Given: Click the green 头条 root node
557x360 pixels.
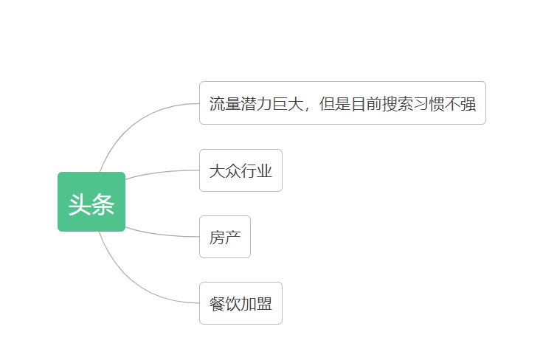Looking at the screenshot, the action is (91, 201).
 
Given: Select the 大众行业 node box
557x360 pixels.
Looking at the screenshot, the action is (241, 170).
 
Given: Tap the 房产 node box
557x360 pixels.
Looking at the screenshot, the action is (225, 237).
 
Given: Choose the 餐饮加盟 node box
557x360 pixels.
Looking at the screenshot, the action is (241, 303).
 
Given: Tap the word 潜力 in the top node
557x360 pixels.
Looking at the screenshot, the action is (256, 104).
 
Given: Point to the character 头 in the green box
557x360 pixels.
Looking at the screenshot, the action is (80, 204).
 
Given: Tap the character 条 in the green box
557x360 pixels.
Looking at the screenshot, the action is (103, 204).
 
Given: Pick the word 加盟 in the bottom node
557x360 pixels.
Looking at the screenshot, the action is (257, 304).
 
